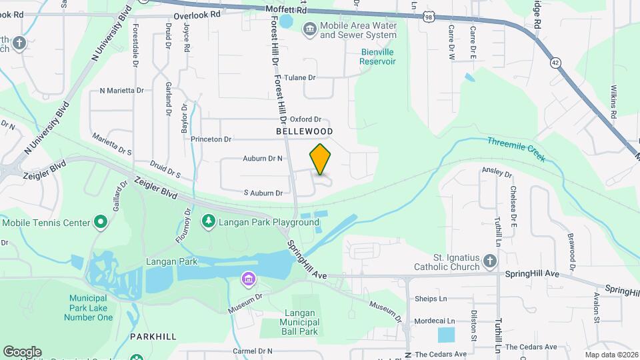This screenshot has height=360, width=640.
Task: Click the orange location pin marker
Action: tap(320, 159)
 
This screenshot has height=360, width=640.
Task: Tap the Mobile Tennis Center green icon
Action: tap(101, 221)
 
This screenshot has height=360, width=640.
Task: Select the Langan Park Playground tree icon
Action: tap(208, 221)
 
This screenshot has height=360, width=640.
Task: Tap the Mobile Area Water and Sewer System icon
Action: tap(309, 29)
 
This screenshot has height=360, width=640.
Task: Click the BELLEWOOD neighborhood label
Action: tap(304, 131)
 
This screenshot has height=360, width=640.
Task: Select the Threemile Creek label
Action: tap(516, 149)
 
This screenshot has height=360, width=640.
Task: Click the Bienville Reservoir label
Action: tap(378, 56)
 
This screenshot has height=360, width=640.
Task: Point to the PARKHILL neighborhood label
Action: tap(153, 337)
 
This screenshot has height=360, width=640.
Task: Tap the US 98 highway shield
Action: tap(427, 17)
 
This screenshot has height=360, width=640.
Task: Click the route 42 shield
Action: tap(555, 63)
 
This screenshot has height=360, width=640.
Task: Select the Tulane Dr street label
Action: tap(299, 77)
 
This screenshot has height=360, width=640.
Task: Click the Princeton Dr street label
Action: tap(211, 139)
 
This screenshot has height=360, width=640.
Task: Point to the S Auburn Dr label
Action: tap(263, 193)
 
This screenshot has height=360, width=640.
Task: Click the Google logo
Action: tap(23, 352)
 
